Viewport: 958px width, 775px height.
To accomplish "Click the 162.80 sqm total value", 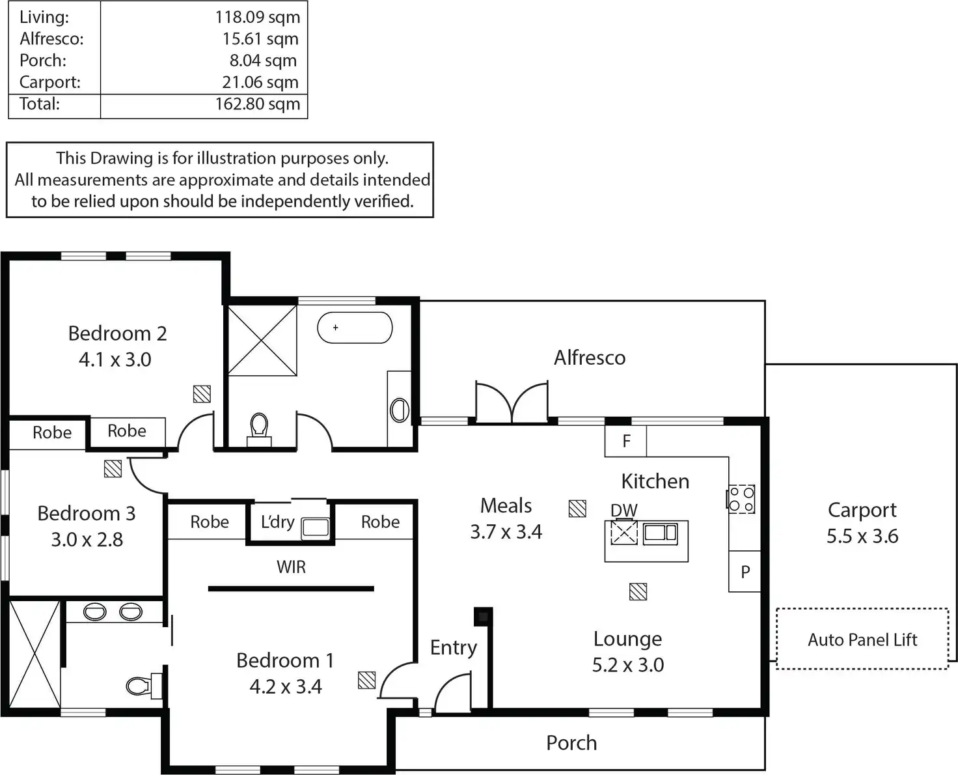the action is pyautogui.click(x=258, y=104).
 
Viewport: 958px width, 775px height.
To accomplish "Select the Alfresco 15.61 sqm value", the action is pyautogui.click(x=260, y=39).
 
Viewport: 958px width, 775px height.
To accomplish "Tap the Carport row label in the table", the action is pyautogui.click(x=50, y=83).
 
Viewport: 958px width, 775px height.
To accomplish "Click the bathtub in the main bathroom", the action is pyautogui.click(x=355, y=328).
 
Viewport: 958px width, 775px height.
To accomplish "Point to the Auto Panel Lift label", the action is pyautogui.click(x=862, y=640).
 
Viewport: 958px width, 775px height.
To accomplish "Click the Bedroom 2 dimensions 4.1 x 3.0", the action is pyautogui.click(x=115, y=359).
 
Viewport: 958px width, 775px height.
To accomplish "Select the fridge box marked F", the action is pyautogui.click(x=626, y=442).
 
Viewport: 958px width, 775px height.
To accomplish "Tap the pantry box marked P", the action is pyautogui.click(x=745, y=572).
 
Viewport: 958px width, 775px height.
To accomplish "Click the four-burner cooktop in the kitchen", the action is pyautogui.click(x=741, y=500).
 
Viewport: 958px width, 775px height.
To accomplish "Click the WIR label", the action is pyautogui.click(x=291, y=567).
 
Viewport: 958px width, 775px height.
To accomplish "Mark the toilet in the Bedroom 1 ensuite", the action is pyautogui.click(x=140, y=685).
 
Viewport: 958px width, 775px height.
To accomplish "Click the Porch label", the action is pyautogui.click(x=571, y=743).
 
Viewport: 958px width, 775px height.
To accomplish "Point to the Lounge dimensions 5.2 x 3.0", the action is pyautogui.click(x=628, y=665).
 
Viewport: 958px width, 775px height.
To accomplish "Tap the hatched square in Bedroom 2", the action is pyautogui.click(x=202, y=393).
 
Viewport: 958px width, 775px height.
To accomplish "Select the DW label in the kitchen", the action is pyautogui.click(x=623, y=510).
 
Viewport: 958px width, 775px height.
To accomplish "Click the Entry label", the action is pyautogui.click(x=454, y=647).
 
